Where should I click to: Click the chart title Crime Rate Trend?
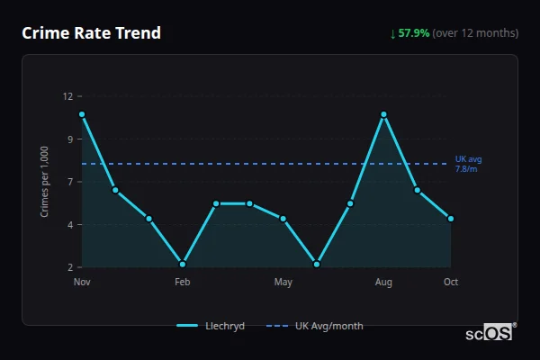(91, 33)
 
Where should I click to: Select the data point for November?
(82, 114)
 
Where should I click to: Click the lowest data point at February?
(183, 264)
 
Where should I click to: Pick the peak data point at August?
(383, 114)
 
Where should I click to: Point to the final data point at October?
(451, 219)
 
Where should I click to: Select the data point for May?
(283, 219)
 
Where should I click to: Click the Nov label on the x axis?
(82, 283)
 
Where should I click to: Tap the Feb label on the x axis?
(183, 283)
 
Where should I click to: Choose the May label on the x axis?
(283, 283)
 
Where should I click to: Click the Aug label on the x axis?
(383, 283)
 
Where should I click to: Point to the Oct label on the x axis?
(451, 283)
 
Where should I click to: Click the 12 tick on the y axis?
(67, 96)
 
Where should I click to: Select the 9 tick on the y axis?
(70, 139)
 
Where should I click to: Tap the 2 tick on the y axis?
(70, 267)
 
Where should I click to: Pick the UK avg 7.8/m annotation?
(467, 164)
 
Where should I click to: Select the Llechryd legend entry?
(211, 326)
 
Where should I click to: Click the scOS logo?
(490, 333)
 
